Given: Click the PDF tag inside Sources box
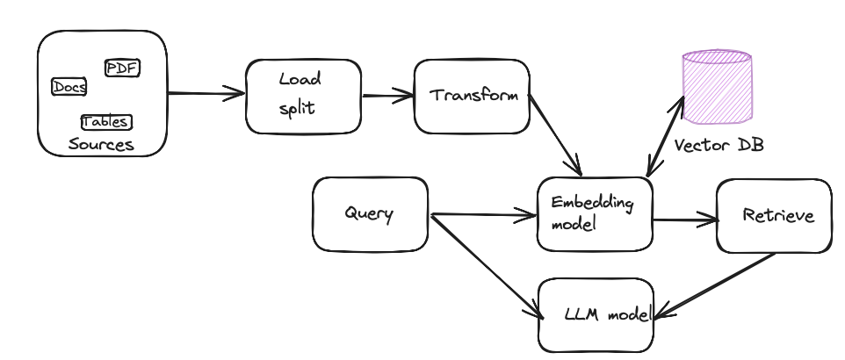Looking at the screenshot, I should [x=122, y=68].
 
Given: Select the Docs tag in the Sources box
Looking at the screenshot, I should [x=69, y=87].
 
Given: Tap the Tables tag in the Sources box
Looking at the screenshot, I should [x=105, y=122].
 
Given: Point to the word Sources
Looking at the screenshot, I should [x=101, y=145].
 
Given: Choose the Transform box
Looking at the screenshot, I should [x=473, y=95].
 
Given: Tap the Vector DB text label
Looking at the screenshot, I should [x=719, y=146].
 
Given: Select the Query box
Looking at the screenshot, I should [x=369, y=214].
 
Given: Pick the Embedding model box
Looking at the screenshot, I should [x=595, y=213].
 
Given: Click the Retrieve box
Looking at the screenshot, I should [x=773, y=215].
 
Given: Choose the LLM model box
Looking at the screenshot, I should [x=596, y=314].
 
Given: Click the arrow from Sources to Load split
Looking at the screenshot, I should [x=206, y=92].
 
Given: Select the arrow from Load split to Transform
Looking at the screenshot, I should [x=386, y=96].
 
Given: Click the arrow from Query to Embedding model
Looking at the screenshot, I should [x=483, y=213].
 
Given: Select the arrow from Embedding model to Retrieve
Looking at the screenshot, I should [x=684, y=220].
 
